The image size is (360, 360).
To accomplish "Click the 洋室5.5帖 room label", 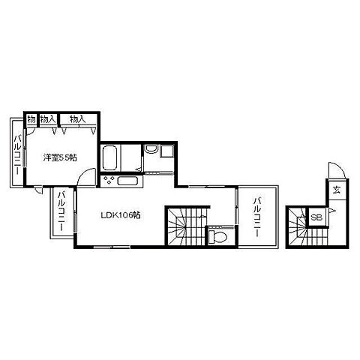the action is pos(60,157).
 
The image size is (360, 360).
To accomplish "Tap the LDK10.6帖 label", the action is pos(120,214).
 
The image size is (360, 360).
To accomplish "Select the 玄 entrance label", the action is pos(337,190).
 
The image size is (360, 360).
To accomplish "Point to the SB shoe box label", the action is pos(316,217).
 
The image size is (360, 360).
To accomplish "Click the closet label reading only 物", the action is pos(31,119).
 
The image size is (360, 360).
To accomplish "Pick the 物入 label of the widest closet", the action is pos(78,119).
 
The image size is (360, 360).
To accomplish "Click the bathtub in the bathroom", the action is pos(110,157).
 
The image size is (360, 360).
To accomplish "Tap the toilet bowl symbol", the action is pos(218,236).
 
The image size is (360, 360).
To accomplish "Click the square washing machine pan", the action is pos(166,151).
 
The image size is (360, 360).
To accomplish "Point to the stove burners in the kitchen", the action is pos(109,181).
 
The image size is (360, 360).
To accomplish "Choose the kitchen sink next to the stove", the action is pos(127,181).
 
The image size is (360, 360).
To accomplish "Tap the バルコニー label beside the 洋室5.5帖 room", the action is pos(17,154).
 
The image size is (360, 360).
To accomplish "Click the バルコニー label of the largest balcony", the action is pos(257,217).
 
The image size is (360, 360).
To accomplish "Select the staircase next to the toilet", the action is pos(186,226).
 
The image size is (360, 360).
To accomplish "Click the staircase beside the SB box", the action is pos(308,227).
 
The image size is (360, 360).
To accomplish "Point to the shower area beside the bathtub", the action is pos(131,157).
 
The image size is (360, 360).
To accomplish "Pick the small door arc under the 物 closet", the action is pos(31,132).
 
